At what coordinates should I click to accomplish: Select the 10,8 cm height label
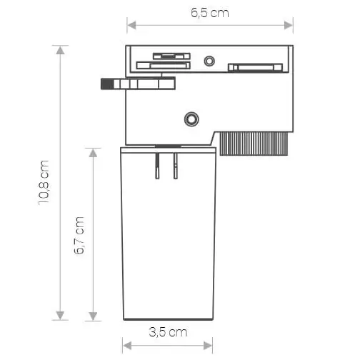pyautogui.click(x=45, y=182)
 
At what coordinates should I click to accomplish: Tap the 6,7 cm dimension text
pyautogui.click(x=80, y=235)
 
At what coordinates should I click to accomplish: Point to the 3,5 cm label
pyautogui.click(x=168, y=332)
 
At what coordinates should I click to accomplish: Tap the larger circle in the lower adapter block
pyautogui.click(x=191, y=119)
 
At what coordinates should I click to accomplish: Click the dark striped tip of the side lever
pyautogui.click(x=109, y=84)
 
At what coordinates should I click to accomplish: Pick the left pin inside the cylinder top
pyautogui.click(x=158, y=165)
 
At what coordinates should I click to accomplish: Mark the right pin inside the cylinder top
pyautogui.click(x=175, y=165)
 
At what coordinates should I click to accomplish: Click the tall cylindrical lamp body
pyautogui.click(x=168, y=243)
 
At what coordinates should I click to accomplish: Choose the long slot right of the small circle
pyautogui.click(x=254, y=68)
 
